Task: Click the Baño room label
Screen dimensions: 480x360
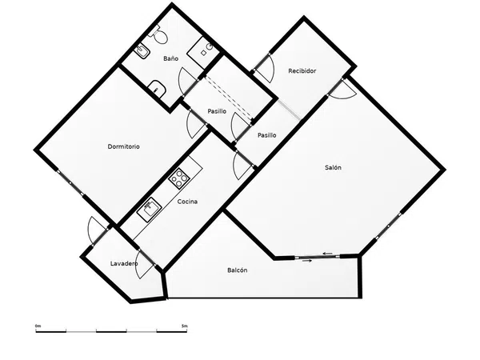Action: tap(170, 58)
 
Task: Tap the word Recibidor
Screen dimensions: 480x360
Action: tap(302, 70)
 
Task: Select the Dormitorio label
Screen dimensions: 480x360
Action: tap(123, 146)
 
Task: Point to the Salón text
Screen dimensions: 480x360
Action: tap(333, 167)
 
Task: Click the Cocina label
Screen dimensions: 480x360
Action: tap(187, 201)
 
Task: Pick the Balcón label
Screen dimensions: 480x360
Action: tap(238, 270)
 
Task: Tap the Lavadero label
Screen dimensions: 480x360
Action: tap(124, 263)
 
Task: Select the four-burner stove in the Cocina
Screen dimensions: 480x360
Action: tap(178, 178)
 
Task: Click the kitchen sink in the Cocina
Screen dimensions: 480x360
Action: tap(149, 210)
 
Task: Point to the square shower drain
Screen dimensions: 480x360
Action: tap(203, 53)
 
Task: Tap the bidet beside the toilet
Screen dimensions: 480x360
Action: tap(142, 51)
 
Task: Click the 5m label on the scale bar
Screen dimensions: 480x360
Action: tap(184, 326)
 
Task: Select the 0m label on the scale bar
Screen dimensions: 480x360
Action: tap(38, 326)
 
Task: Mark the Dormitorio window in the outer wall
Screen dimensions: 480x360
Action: tap(70, 182)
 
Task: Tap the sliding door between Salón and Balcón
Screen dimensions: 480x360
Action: tap(318, 257)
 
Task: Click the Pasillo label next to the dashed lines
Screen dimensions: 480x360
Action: tap(217, 111)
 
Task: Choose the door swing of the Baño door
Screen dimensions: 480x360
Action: tap(186, 80)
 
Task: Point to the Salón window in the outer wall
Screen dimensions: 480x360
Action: tap(389, 226)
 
